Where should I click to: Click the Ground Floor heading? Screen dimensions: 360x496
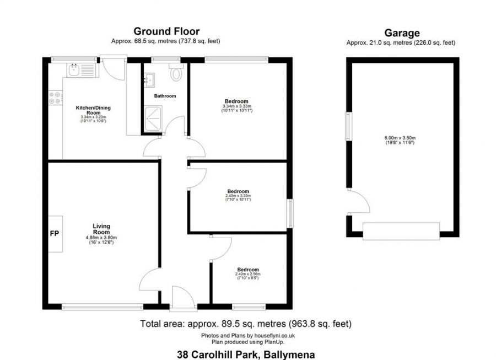pos(166,31)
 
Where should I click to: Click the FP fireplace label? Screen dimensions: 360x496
pos(55,234)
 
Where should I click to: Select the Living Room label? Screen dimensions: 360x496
pos(101,229)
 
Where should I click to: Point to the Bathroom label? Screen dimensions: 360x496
pos(165,96)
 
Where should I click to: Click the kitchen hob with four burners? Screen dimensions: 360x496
pos(55,98)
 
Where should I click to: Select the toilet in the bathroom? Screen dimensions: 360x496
pos(176,73)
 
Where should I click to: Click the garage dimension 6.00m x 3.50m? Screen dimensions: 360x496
pos(400,138)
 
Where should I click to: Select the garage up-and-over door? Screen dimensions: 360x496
pos(401,231)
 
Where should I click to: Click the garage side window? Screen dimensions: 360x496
pos(348,126)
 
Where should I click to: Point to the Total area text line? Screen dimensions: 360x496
pos(246,324)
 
